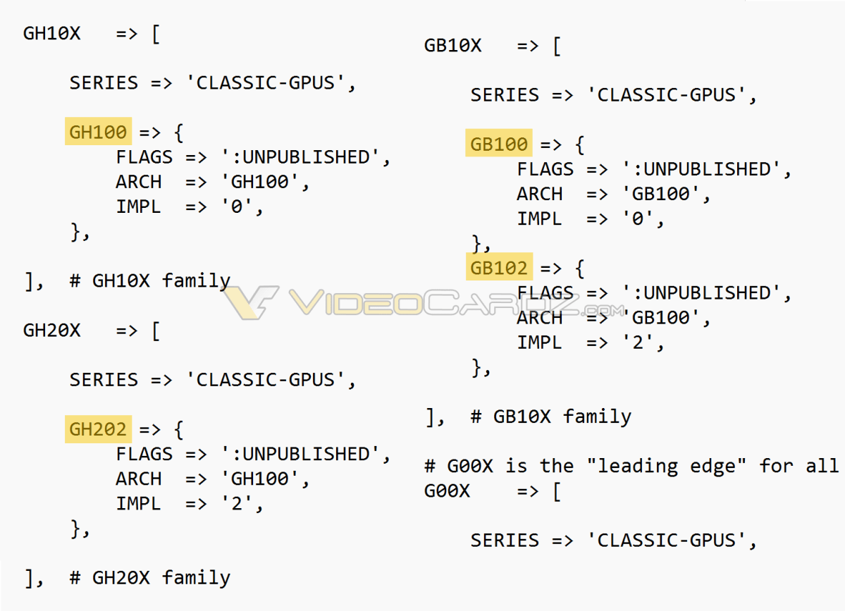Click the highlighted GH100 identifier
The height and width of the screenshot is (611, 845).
coord(98,132)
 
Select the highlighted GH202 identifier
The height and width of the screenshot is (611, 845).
coord(98,429)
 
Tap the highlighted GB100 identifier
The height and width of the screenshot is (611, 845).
coord(499,143)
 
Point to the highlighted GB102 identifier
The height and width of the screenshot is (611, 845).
coord(499,266)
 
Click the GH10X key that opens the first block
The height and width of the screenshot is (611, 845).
coord(51,33)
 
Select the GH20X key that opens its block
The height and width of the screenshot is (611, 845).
coord(51,331)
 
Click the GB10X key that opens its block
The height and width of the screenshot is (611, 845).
coord(452,45)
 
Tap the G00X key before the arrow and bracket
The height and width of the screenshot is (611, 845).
coord(448,491)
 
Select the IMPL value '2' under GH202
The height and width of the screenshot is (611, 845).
coord(237,503)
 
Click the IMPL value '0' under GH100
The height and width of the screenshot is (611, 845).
coord(237,206)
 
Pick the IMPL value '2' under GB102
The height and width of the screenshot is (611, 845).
coord(638,342)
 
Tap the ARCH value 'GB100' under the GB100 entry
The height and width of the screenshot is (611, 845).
coord(661,193)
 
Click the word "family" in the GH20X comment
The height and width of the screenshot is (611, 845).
coord(196,578)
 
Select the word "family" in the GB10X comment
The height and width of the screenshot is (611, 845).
coord(597,416)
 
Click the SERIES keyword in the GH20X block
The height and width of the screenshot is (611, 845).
coord(104,380)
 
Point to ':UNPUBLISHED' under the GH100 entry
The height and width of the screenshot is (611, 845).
coord(302,156)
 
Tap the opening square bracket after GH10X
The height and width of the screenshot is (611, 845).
coord(156,34)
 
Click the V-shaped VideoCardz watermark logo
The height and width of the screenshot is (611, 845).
coord(251,302)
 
